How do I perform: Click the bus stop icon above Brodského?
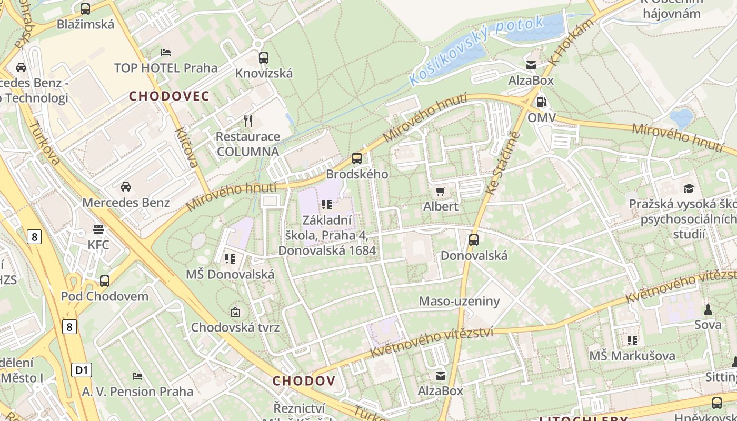pyautogui.click(x=357, y=158)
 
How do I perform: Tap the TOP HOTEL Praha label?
pyautogui.click(x=166, y=68)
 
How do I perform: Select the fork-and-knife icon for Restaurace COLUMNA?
pyautogui.click(x=248, y=121)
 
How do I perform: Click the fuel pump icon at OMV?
pyautogui.click(x=541, y=102)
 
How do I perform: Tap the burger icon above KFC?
pyautogui.click(x=98, y=229)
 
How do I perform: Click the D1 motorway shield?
pyautogui.click(x=82, y=370)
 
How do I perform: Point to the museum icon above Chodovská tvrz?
pyautogui.click(x=235, y=312)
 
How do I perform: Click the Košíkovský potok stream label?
pyautogui.click(x=476, y=51)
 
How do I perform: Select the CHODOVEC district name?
pyautogui.click(x=170, y=96)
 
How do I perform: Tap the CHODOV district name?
pyautogui.click(x=304, y=380)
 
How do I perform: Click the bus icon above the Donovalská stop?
pyautogui.click(x=474, y=240)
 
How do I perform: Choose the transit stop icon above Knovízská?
pyautogui.click(x=264, y=57)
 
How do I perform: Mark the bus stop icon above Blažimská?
pyautogui.click(x=85, y=8)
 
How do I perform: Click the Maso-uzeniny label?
pyautogui.click(x=459, y=301)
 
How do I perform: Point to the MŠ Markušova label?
pyautogui.click(x=632, y=356)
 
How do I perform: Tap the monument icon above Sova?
pyautogui.click(x=708, y=309)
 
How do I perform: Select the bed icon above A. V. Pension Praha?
pyautogui.click(x=137, y=376)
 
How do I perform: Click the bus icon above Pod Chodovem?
pyautogui.click(x=105, y=280)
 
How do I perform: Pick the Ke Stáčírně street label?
pyautogui.click(x=503, y=163)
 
